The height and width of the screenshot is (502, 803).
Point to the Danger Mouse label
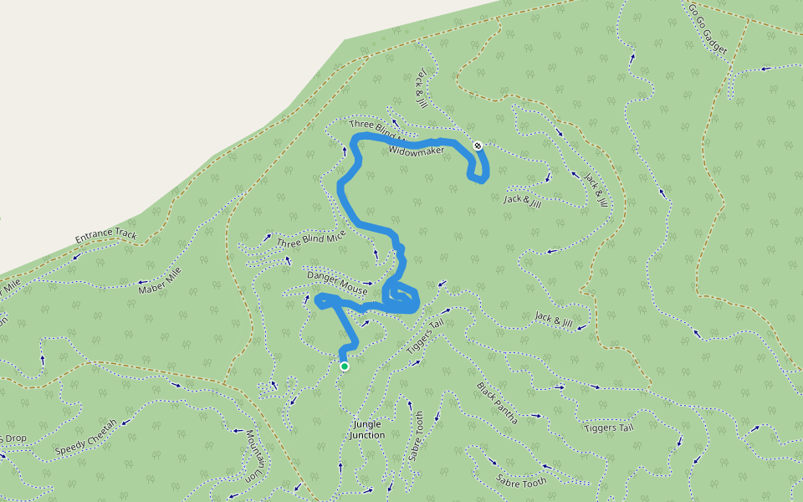point(337,281)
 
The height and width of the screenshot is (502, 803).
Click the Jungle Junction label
point(366,430)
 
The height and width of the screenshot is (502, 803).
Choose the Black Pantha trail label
point(497,403)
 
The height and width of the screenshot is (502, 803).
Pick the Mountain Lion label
point(253,455)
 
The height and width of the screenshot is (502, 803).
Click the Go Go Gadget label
point(707,28)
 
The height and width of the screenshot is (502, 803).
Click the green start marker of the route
point(344,366)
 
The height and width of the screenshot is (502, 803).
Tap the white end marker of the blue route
point(478,146)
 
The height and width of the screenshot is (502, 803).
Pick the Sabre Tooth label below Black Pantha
point(521,481)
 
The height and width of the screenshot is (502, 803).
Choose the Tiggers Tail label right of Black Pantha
point(608,428)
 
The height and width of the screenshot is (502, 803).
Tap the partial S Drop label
point(13,438)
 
